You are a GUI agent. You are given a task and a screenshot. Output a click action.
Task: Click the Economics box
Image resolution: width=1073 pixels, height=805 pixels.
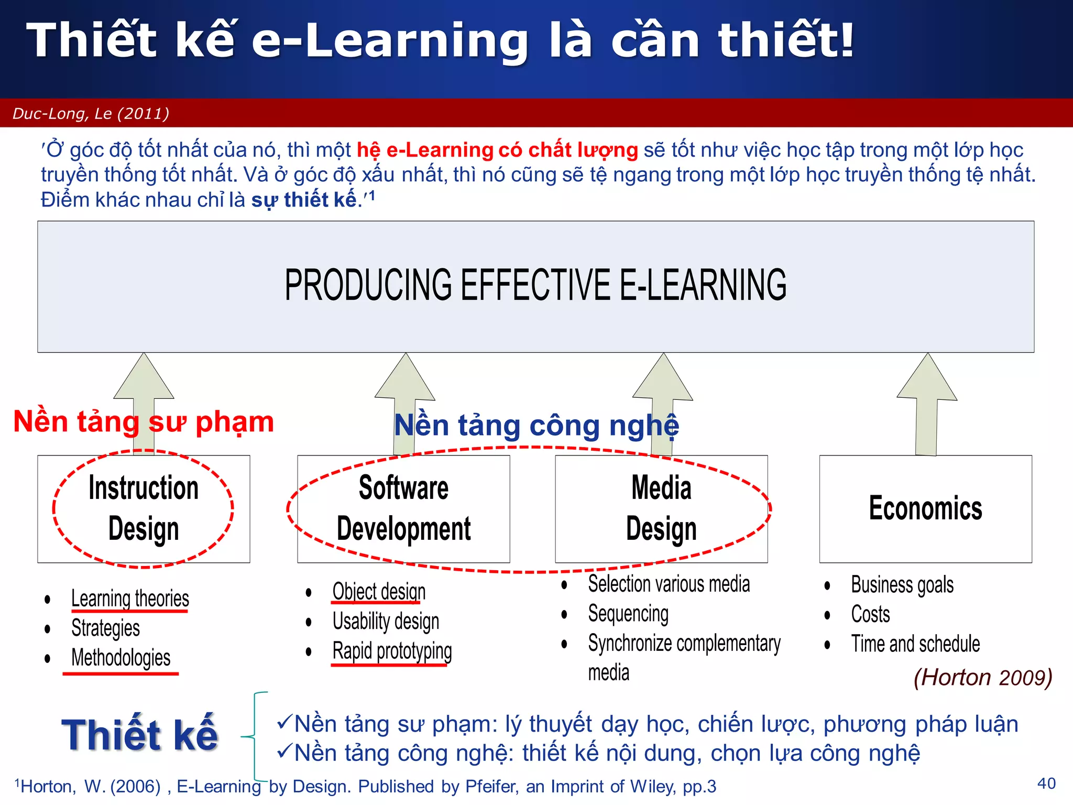(925, 508)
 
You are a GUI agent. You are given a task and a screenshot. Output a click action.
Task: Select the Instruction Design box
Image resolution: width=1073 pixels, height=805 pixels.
(144, 508)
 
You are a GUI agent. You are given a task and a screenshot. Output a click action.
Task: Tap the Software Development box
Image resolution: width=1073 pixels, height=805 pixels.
(403, 508)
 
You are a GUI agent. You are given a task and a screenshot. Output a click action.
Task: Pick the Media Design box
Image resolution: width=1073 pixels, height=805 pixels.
(661, 508)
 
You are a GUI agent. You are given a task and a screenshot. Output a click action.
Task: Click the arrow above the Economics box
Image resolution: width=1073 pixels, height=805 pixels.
(927, 404)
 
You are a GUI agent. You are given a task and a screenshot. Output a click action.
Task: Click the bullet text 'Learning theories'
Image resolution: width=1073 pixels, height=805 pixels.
(130, 599)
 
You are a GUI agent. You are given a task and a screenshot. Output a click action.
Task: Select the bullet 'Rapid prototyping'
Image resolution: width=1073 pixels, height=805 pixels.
(392, 651)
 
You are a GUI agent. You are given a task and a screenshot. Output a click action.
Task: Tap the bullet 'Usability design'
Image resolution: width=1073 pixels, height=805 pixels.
(386, 622)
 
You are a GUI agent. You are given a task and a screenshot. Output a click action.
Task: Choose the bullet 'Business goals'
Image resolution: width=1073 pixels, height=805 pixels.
(902, 585)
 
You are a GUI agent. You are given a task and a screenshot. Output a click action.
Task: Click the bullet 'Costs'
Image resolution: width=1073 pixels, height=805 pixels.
(870, 614)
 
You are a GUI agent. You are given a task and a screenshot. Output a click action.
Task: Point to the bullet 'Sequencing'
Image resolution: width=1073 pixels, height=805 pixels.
(628, 614)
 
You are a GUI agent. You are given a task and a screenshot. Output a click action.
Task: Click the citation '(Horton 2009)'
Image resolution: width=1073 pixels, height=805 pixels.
(983, 677)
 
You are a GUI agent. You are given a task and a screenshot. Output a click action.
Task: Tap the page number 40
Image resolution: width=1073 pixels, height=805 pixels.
(1046, 784)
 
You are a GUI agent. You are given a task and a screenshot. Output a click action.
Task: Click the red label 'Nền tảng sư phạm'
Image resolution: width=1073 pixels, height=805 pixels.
(144, 422)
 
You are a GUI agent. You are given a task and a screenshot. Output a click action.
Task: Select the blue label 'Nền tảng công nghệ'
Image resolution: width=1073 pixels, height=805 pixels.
(536, 425)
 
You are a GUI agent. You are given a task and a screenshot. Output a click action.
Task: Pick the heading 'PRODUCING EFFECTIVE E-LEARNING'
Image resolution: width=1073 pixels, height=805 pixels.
(535, 285)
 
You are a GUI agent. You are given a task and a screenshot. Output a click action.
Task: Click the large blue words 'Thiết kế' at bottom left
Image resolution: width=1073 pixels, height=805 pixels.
(140, 734)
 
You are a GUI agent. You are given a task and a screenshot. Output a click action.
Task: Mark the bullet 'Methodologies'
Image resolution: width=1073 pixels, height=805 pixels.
(121, 658)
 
